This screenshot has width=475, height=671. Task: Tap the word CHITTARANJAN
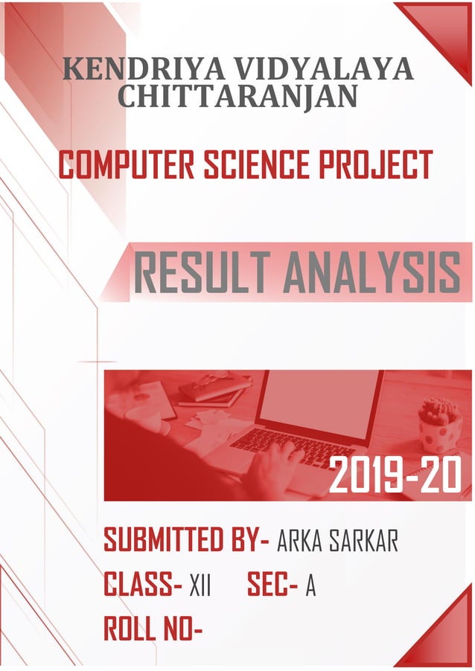(x=238, y=96)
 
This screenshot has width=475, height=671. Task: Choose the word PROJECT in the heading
(x=375, y=164)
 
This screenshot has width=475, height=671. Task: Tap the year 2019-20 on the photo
(x=395, y=477)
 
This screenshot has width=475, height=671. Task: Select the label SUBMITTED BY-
(x=186, y=541)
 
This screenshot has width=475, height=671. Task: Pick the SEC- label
(x=272, y=586)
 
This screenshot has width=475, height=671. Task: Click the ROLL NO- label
(x=153, y=630)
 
